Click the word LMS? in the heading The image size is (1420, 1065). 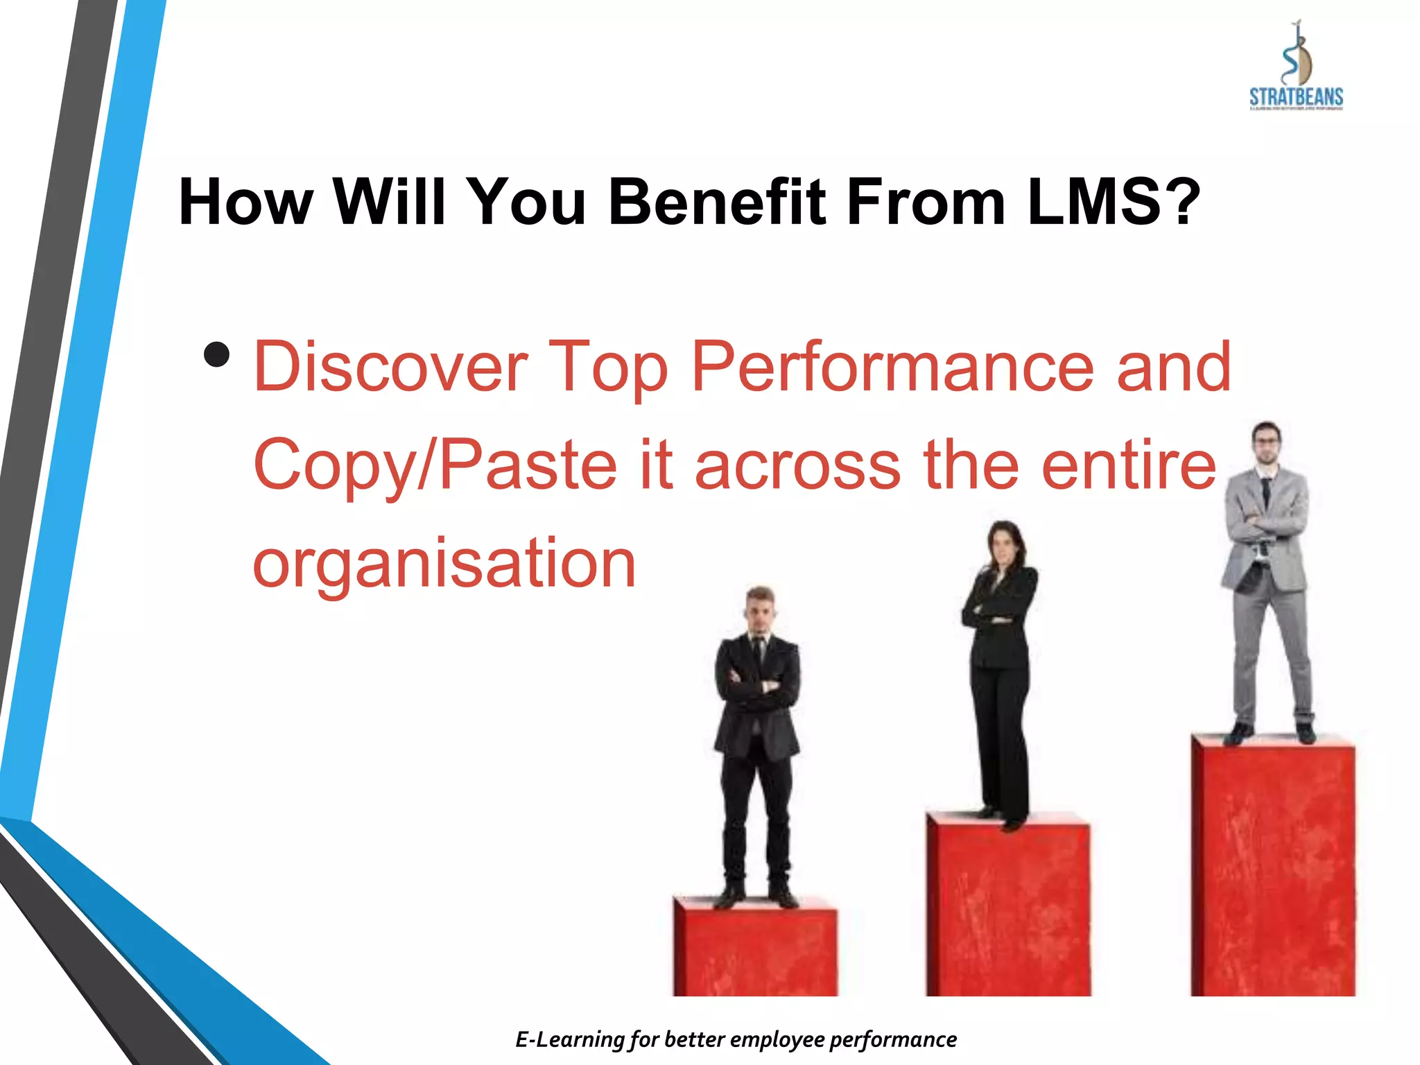[1114, 202]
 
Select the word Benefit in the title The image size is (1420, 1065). [717, 202]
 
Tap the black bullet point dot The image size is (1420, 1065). [217, 355]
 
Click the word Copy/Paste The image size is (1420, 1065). [435, 465]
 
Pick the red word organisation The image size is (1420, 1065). [444, 563]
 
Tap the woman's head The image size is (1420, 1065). [1004, 544]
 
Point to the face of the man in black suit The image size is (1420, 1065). [759, 614]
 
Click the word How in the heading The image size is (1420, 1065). [245, 202]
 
